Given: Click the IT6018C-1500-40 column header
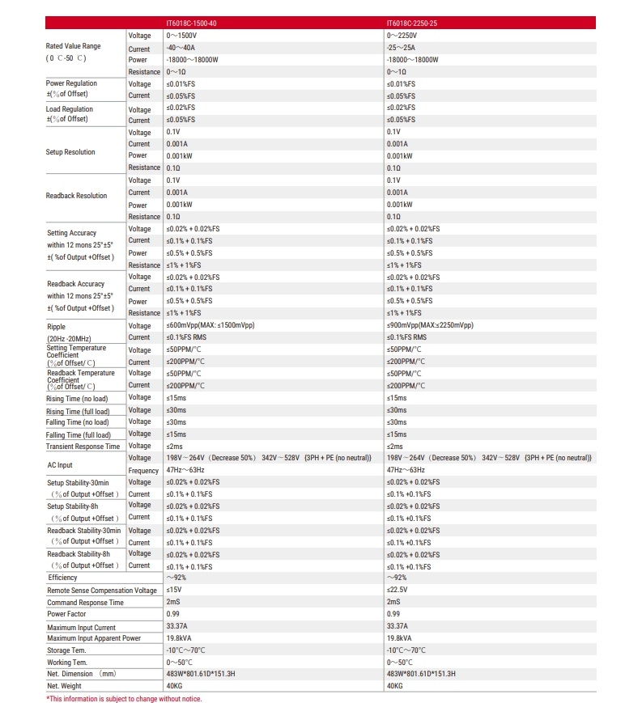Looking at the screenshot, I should pos(191,23).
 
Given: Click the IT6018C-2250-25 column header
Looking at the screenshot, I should pos(412,23).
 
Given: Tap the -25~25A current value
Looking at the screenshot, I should pos(402,48).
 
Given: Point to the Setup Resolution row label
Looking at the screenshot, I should pos(70,152).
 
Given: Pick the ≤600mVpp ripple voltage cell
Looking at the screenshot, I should pos(215,325).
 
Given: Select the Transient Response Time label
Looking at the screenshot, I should pos(83,447).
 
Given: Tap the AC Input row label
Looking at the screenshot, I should pos(60,465).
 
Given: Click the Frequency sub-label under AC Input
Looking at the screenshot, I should pos(143,471).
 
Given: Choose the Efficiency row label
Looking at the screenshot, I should pos(62,578).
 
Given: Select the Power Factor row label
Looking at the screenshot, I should pos(66,614).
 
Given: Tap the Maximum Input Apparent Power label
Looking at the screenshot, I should pos(94,638).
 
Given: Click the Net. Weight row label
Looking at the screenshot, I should pos(65,686).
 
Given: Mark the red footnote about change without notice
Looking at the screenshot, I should pos(124,698).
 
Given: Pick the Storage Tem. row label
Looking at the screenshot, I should pos(66,650).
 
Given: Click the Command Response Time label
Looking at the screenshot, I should pos(85,603).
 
